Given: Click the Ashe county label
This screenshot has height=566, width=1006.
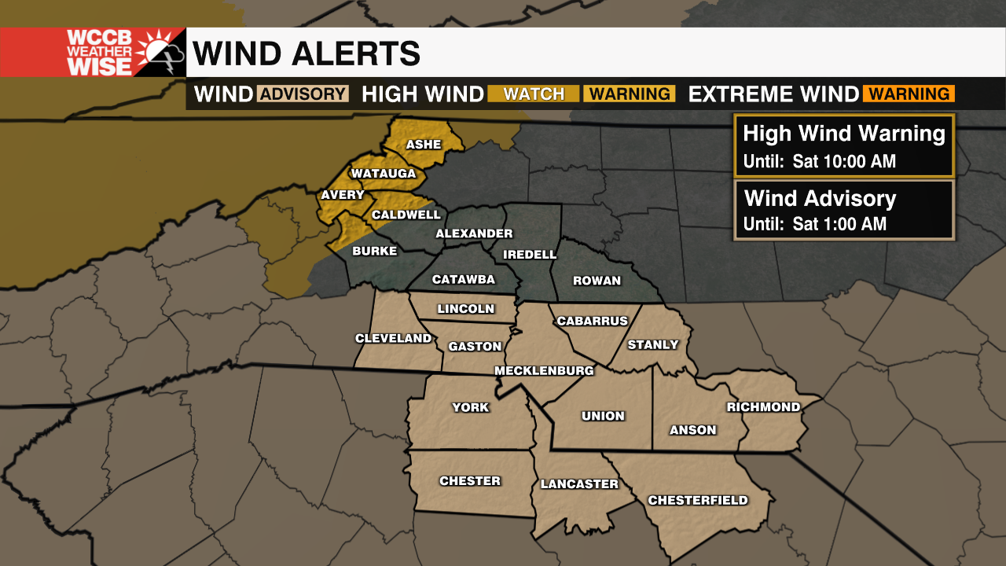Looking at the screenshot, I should pos(423,145).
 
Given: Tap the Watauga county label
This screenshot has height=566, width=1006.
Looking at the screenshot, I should pos(383,173).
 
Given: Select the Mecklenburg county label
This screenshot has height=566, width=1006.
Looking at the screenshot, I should pos(544,370).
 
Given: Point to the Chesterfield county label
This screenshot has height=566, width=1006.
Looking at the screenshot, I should pos(697,500).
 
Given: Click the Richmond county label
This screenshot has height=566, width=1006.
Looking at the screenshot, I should pos(763,407).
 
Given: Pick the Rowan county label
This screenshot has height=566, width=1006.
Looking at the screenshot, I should pos(597,281).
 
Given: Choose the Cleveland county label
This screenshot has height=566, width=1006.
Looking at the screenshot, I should pos(393,339).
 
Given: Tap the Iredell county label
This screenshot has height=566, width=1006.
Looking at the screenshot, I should pos(530,255).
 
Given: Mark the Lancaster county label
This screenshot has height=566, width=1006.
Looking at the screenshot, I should pos(579,484).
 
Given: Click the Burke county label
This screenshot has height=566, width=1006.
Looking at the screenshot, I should pos(374,252).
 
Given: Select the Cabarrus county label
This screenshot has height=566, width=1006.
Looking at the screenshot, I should pos(592,321).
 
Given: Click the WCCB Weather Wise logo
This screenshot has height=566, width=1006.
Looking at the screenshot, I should pos(93,53).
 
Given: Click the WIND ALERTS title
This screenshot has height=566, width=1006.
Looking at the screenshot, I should pos(307,53).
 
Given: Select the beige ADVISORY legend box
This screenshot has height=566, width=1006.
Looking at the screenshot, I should pos(303,94).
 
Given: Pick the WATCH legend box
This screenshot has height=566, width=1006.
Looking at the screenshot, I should pos(534,94).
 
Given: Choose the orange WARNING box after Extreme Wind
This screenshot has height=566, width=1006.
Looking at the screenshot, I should pos(909,94).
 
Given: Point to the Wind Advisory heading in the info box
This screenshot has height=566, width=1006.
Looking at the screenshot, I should pos(820,198).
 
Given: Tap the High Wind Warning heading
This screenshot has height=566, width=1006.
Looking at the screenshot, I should pos(843,134).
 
